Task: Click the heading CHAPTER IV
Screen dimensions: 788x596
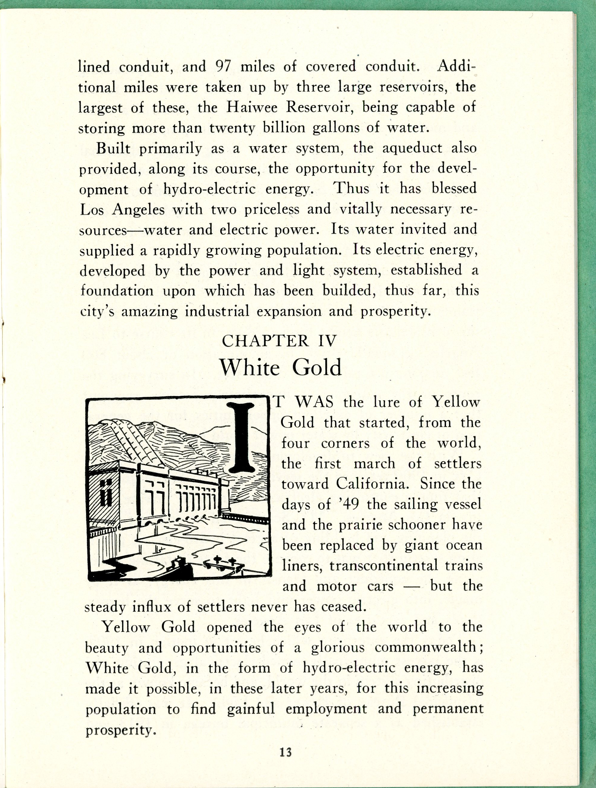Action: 279,341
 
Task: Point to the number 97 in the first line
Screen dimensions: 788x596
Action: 224,67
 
